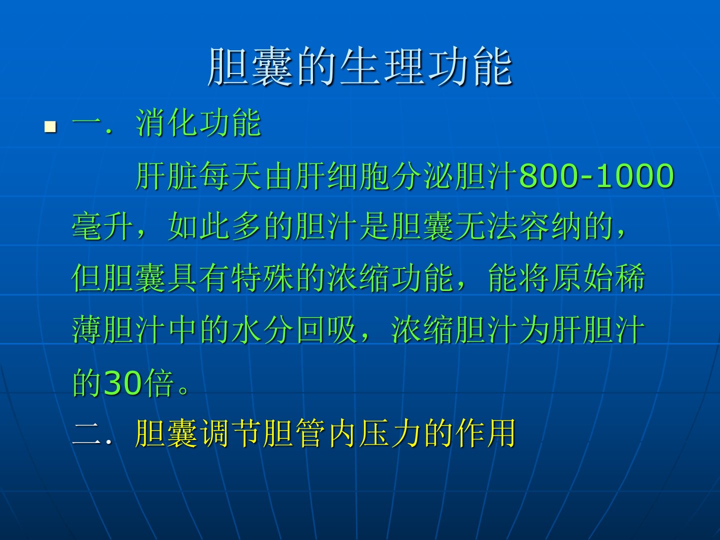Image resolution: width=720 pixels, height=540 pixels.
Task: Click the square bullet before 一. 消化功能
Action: (x=50, y=127)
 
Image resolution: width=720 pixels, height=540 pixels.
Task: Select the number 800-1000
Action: (x=596, y=176)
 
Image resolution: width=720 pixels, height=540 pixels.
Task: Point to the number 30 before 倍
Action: (x=122, y=382)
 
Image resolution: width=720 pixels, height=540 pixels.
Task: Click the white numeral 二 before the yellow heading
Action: (x=86, y=434)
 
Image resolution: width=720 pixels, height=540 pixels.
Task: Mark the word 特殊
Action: (x=262, y=277)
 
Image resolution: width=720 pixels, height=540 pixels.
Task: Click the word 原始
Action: (x=582, y=277)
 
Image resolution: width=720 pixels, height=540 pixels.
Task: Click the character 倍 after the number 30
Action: (x=158, y=382)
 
